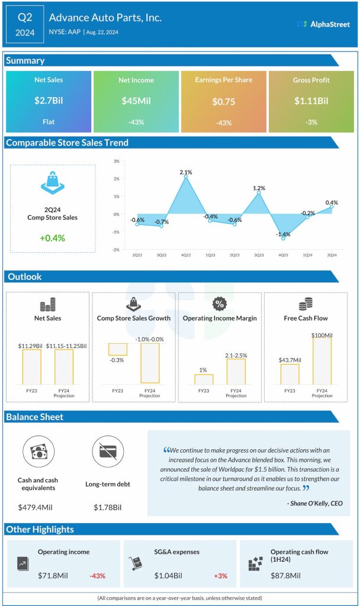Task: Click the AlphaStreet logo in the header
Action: coord(323,24)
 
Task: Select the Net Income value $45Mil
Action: coord(136,101)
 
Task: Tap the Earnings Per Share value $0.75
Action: coord(223,102)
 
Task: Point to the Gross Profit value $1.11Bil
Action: coord(311,101)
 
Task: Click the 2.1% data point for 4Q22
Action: coord(185,176)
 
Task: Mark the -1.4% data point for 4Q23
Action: coord(284,238)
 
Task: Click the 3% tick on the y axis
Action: coord(117,161)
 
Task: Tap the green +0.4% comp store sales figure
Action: coord(52,238)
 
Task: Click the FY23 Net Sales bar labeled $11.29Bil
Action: coord(32,366)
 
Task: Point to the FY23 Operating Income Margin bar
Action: coord(203,379)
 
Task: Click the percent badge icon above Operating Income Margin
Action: coord(220,304)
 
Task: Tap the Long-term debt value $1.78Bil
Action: coord(108,507)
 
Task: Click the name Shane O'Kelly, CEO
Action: coord(313,504)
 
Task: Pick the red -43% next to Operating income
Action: coord(98,575)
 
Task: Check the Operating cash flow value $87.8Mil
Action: coord(285,575)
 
